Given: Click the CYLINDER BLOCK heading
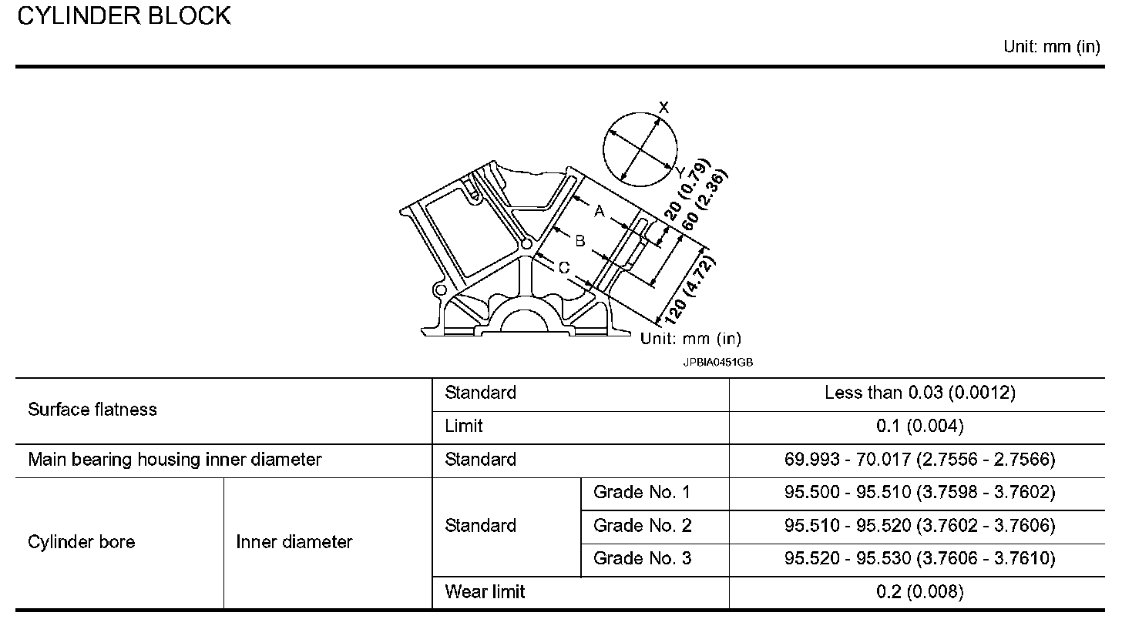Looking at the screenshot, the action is pos(123,17).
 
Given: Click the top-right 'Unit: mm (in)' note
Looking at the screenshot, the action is pos(1051,47).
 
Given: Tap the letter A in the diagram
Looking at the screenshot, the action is pos(599,210).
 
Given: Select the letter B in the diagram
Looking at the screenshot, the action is pos(580,241).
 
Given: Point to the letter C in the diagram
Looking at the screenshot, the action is pos(563,268).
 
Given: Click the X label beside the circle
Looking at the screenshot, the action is pos(664,108).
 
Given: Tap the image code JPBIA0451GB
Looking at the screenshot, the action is pos(717,360).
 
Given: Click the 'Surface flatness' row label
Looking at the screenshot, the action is pos(92,410).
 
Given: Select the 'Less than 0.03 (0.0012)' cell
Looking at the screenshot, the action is pos(919,393).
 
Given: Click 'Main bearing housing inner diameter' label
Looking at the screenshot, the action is pos(175,460).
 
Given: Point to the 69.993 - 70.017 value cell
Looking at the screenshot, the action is pos(919,460).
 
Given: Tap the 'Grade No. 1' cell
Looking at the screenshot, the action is pos(642,493).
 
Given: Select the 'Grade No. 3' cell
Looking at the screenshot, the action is pos(642,559).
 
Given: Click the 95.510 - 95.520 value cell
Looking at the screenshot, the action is pos(919,526).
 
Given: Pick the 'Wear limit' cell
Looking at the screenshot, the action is pos(485,592).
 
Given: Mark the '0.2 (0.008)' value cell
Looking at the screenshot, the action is pos(919,592).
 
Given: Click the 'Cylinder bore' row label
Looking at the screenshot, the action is pos(81,542).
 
